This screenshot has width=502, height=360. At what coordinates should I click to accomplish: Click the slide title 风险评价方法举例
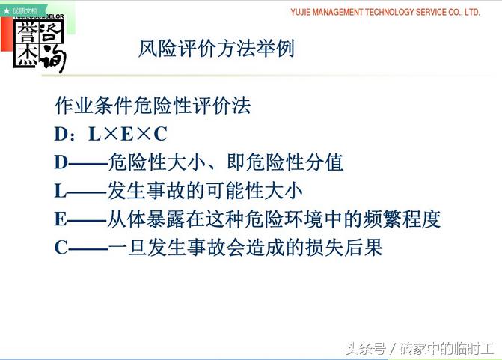216,49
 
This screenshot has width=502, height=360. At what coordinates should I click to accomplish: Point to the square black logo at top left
39,44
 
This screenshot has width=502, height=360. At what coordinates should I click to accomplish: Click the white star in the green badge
7,11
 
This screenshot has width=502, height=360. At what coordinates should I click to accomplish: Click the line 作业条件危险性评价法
153,106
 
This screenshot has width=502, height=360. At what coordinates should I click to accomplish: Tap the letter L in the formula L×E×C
94,134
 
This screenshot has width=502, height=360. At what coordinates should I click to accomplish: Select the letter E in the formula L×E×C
127,134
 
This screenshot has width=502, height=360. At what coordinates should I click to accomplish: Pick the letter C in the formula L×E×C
160,134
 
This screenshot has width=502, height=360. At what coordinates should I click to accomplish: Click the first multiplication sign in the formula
111,134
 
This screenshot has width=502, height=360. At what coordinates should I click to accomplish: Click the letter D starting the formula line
61,134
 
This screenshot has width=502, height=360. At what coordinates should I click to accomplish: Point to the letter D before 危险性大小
61,162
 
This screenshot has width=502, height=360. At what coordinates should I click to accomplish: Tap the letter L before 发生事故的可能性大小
61,191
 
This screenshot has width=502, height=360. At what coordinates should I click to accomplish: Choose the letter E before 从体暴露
61,219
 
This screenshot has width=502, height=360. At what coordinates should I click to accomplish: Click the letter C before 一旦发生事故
61,248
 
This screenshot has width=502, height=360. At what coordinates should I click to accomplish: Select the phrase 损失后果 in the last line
344,247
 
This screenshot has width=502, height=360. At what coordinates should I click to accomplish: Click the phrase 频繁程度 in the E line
402,219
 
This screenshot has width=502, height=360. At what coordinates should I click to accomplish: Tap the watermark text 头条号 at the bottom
366,348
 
